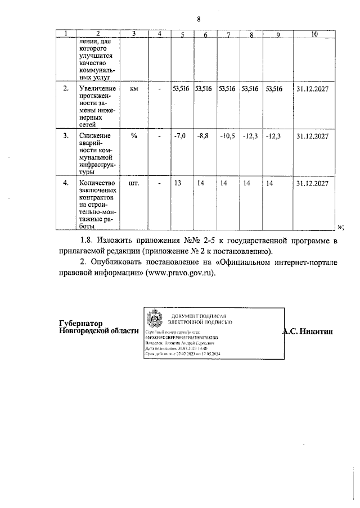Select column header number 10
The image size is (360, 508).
click(x=313, y=34)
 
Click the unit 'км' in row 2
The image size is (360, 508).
click(x=134, y=89)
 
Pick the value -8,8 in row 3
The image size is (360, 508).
click(x=203, y=137)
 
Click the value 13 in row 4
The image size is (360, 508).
click(x=178, y=184)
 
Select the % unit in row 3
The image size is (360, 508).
click(x=134, y=136)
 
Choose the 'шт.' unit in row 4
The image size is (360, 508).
click(x=134, y=183)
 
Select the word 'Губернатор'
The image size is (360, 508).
click(x=82, y=323)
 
